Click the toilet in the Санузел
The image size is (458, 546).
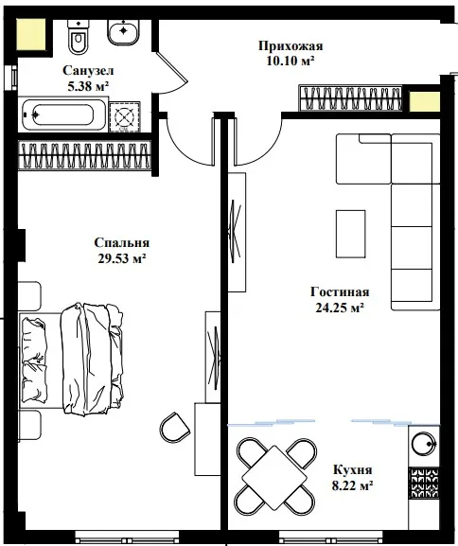point(78,37)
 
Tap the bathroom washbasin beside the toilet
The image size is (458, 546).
point(124,31)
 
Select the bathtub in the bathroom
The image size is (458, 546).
point(64,114)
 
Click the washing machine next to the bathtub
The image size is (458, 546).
point(125,117)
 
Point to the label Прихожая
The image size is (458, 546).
point(291,46)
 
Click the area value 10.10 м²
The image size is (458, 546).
point(291,61)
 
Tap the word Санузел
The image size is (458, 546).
point(88,70)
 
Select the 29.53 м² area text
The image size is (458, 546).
point(121,258)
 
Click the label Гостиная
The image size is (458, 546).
point(340,291)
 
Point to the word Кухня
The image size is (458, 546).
point(352,469)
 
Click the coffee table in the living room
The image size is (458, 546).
point(350,234)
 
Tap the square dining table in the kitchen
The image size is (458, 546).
point(274,476)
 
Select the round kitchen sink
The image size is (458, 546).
point(424,444)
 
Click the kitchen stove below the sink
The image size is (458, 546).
point(424,483)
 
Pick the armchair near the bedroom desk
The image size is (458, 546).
point(175,428)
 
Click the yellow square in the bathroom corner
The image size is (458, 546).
point(31,34)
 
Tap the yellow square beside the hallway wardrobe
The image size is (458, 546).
point(425,101)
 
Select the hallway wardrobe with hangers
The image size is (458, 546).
point(350,98)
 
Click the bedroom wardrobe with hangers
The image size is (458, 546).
point(84,155)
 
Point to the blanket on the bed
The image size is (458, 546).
point(92,359)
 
